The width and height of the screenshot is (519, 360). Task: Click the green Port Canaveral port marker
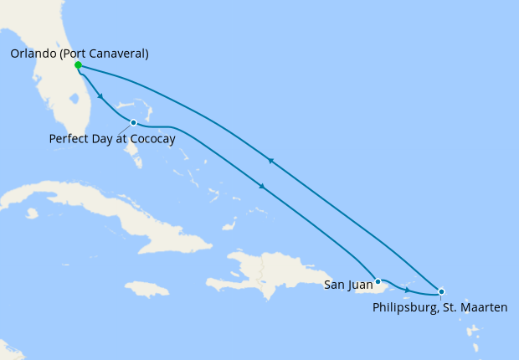[78, 65]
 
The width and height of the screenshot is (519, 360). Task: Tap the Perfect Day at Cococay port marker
[133, 123]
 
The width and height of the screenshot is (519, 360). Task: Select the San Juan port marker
[378, 281]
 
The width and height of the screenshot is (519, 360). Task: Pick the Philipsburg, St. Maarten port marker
[441, 291]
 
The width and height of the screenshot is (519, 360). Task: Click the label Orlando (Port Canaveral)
[80, 54]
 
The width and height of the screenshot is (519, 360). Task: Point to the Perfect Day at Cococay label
[112, 139]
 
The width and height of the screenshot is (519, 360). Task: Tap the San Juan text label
[348, 285]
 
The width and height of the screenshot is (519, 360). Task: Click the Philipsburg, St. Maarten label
[439, 308]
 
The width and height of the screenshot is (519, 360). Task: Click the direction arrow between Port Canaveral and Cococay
[100, 96]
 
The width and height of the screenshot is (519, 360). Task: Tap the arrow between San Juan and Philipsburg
[407, 290]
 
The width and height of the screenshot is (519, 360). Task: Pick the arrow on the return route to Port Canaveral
[270, 161]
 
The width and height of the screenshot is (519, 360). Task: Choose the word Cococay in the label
[150, 139]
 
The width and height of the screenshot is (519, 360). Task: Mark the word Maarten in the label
[484, 308]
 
